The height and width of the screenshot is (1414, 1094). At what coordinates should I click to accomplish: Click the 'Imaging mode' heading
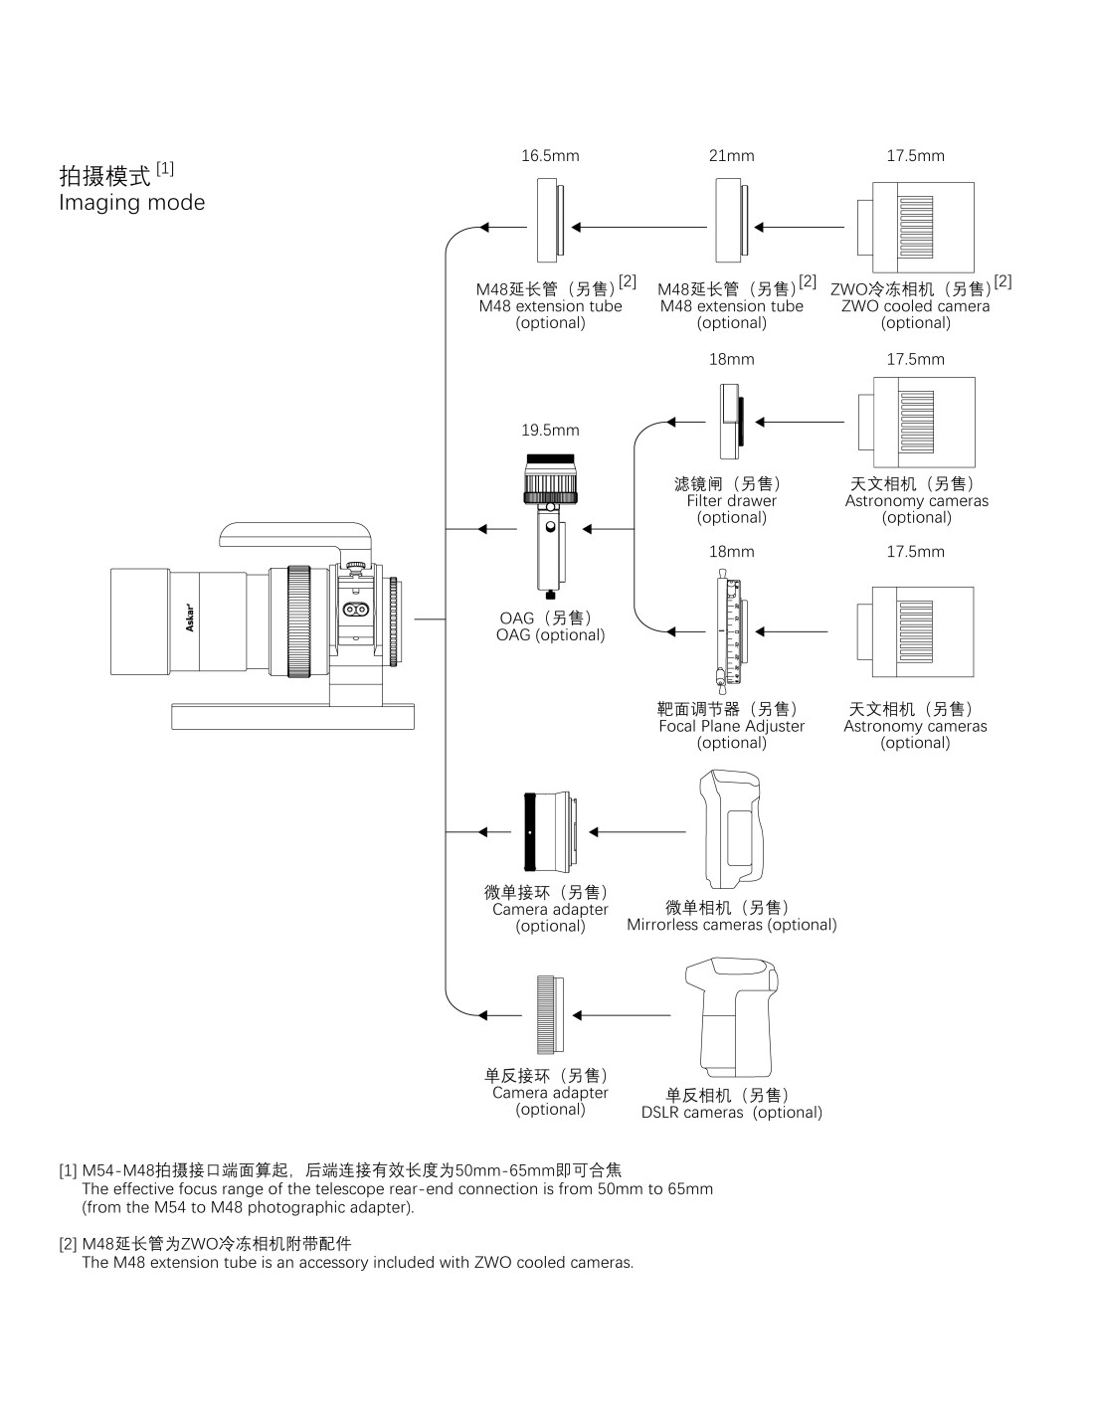tap(131, 203)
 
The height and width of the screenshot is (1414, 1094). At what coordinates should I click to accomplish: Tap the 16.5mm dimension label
tap(550, 155)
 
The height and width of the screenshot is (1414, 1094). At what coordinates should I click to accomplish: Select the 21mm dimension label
tap(732, 155)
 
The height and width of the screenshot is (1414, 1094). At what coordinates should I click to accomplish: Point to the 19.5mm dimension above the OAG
tap(550, 431)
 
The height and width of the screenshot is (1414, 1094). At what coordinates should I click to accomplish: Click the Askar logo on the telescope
tap(190, 619)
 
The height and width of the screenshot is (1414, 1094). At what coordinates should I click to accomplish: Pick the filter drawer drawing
tap(732, 422)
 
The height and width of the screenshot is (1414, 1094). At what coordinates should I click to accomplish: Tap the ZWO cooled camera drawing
tap(915, 227)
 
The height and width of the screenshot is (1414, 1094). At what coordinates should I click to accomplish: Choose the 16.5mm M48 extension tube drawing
tap(551, 221)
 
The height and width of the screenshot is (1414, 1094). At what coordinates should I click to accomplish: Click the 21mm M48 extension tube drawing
tap(732, 221)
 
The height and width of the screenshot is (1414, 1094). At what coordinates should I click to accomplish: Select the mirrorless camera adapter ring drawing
tap(550, 831)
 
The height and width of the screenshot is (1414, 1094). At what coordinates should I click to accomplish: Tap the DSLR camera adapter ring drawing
tap(551, 1014)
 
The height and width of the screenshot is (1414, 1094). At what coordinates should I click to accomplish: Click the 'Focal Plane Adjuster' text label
tap(732, 726)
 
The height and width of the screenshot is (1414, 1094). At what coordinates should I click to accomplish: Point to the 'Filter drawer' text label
tap(732, 500)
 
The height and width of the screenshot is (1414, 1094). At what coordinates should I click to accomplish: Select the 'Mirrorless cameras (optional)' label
tap(732, 925)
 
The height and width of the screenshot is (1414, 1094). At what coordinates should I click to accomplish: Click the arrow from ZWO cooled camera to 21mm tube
tap(800, 227)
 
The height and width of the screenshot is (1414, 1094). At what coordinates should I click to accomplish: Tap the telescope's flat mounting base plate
tap(292, 716)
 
